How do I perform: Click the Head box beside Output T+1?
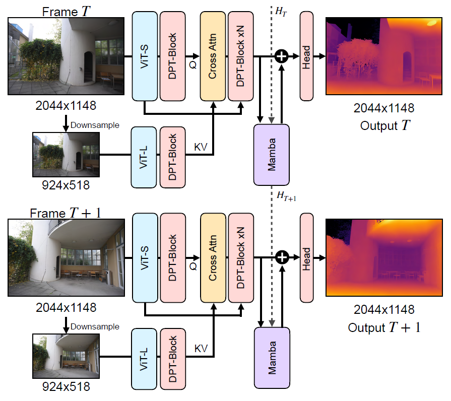(306, 258)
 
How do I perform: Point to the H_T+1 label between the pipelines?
(286, 196)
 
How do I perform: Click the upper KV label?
(201, 147)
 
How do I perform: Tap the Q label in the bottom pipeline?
(192, 266)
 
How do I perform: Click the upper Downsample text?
(95, 124)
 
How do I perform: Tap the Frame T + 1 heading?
(66, 213)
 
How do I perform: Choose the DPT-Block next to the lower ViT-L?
(173, 359)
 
